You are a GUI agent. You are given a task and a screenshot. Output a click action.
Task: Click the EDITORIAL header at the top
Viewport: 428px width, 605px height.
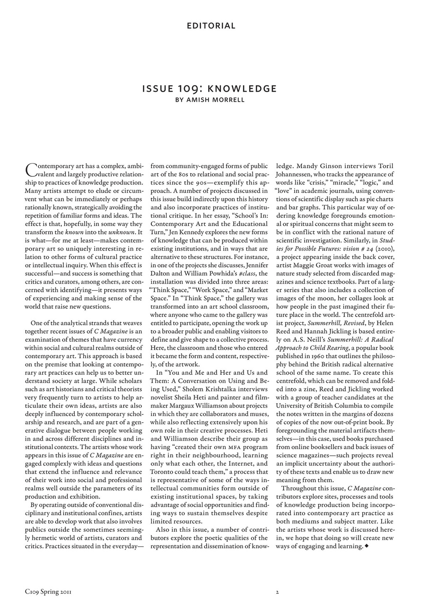pos(211,26)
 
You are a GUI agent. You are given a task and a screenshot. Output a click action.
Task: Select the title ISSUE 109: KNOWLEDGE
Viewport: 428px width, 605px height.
pos(210,89)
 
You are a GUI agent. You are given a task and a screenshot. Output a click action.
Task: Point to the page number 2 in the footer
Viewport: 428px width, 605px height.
pos(278,591)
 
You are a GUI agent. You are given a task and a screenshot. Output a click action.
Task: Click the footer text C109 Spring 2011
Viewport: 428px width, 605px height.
pos(48,591)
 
